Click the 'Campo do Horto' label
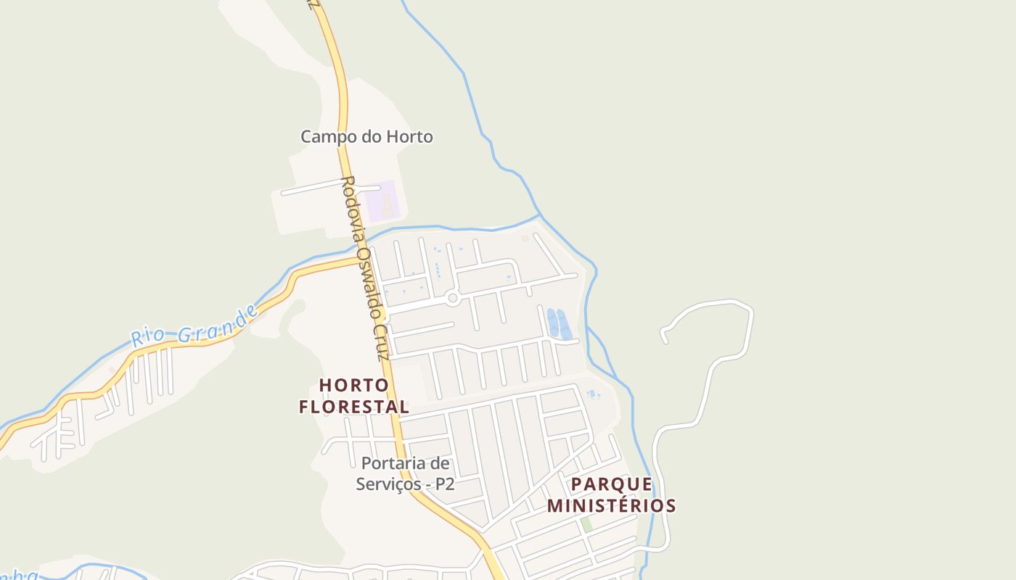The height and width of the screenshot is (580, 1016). point(366,136)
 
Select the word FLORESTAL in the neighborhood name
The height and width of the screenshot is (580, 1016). point(354,407)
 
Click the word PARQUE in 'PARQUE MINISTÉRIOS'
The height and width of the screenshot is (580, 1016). point(611,484)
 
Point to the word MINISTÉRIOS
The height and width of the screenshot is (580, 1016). point(611,505)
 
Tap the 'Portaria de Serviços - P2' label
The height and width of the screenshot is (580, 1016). point(405,473)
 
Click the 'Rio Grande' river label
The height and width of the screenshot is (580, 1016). point(194,326)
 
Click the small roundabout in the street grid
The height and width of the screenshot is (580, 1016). point(453,297)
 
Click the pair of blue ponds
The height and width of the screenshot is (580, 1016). point(559,323)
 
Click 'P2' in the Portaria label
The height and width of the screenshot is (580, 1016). point(444,484)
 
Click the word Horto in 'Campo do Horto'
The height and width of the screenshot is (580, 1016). point(410,136)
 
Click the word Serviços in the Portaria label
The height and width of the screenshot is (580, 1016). point(388,484)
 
